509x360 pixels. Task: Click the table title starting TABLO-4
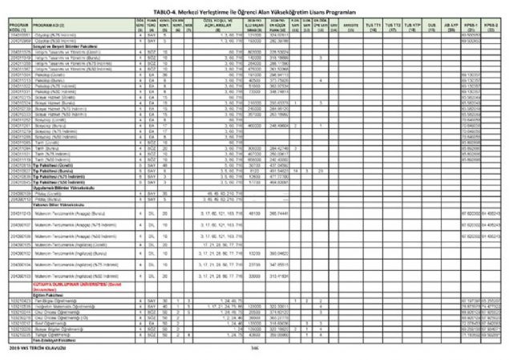tap(254, 5)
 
